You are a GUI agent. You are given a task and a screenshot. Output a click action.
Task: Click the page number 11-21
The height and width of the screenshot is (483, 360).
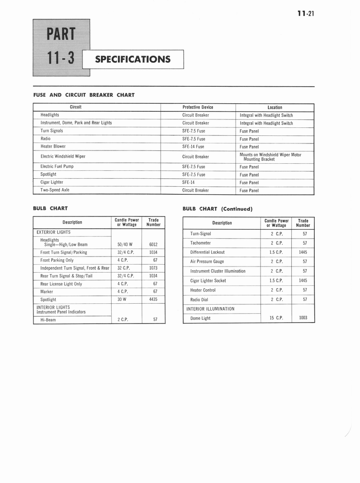pos(305,13)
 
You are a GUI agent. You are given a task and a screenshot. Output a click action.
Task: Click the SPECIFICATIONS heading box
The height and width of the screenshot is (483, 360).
pos(133,59)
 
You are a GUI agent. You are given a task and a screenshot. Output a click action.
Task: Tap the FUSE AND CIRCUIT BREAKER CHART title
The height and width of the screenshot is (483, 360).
pos(84,95)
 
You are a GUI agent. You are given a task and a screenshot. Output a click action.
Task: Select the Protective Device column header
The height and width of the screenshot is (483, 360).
pos(198,108)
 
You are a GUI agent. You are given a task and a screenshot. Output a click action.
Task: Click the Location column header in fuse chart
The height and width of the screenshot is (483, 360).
pos(275,108)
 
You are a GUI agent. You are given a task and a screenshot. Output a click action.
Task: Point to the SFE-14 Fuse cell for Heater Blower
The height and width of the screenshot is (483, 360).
pos(193,147)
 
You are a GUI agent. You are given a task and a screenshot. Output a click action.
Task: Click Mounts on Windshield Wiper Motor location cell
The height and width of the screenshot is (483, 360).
pos(270,157)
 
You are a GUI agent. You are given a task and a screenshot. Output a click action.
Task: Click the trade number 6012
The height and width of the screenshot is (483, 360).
pos(153,245)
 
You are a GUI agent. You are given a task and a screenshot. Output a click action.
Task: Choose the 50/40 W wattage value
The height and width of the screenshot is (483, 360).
pos(125,245)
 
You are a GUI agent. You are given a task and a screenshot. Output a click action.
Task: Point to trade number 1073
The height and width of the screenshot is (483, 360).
pos(153,268)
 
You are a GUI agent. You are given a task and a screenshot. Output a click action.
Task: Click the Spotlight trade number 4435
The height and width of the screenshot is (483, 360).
pos(153,300)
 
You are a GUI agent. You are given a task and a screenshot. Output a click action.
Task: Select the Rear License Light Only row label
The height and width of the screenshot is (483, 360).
pos(61,284)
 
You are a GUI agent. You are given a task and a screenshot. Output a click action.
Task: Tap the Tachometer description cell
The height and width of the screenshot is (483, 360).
pos(200,243)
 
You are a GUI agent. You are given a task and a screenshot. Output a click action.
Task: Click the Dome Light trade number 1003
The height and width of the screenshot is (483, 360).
pos(303,318)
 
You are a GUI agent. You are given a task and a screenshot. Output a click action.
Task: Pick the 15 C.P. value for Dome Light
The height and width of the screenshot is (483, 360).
pos(276,318)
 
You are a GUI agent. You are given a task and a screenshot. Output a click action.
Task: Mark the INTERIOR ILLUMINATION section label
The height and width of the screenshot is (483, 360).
pos(210,309)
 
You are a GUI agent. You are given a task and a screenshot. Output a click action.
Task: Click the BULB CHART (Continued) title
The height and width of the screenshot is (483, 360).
pos(218,208)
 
